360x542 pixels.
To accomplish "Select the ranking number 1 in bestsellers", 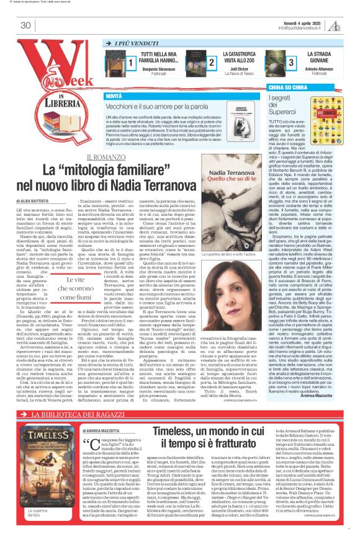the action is point(131,63).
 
